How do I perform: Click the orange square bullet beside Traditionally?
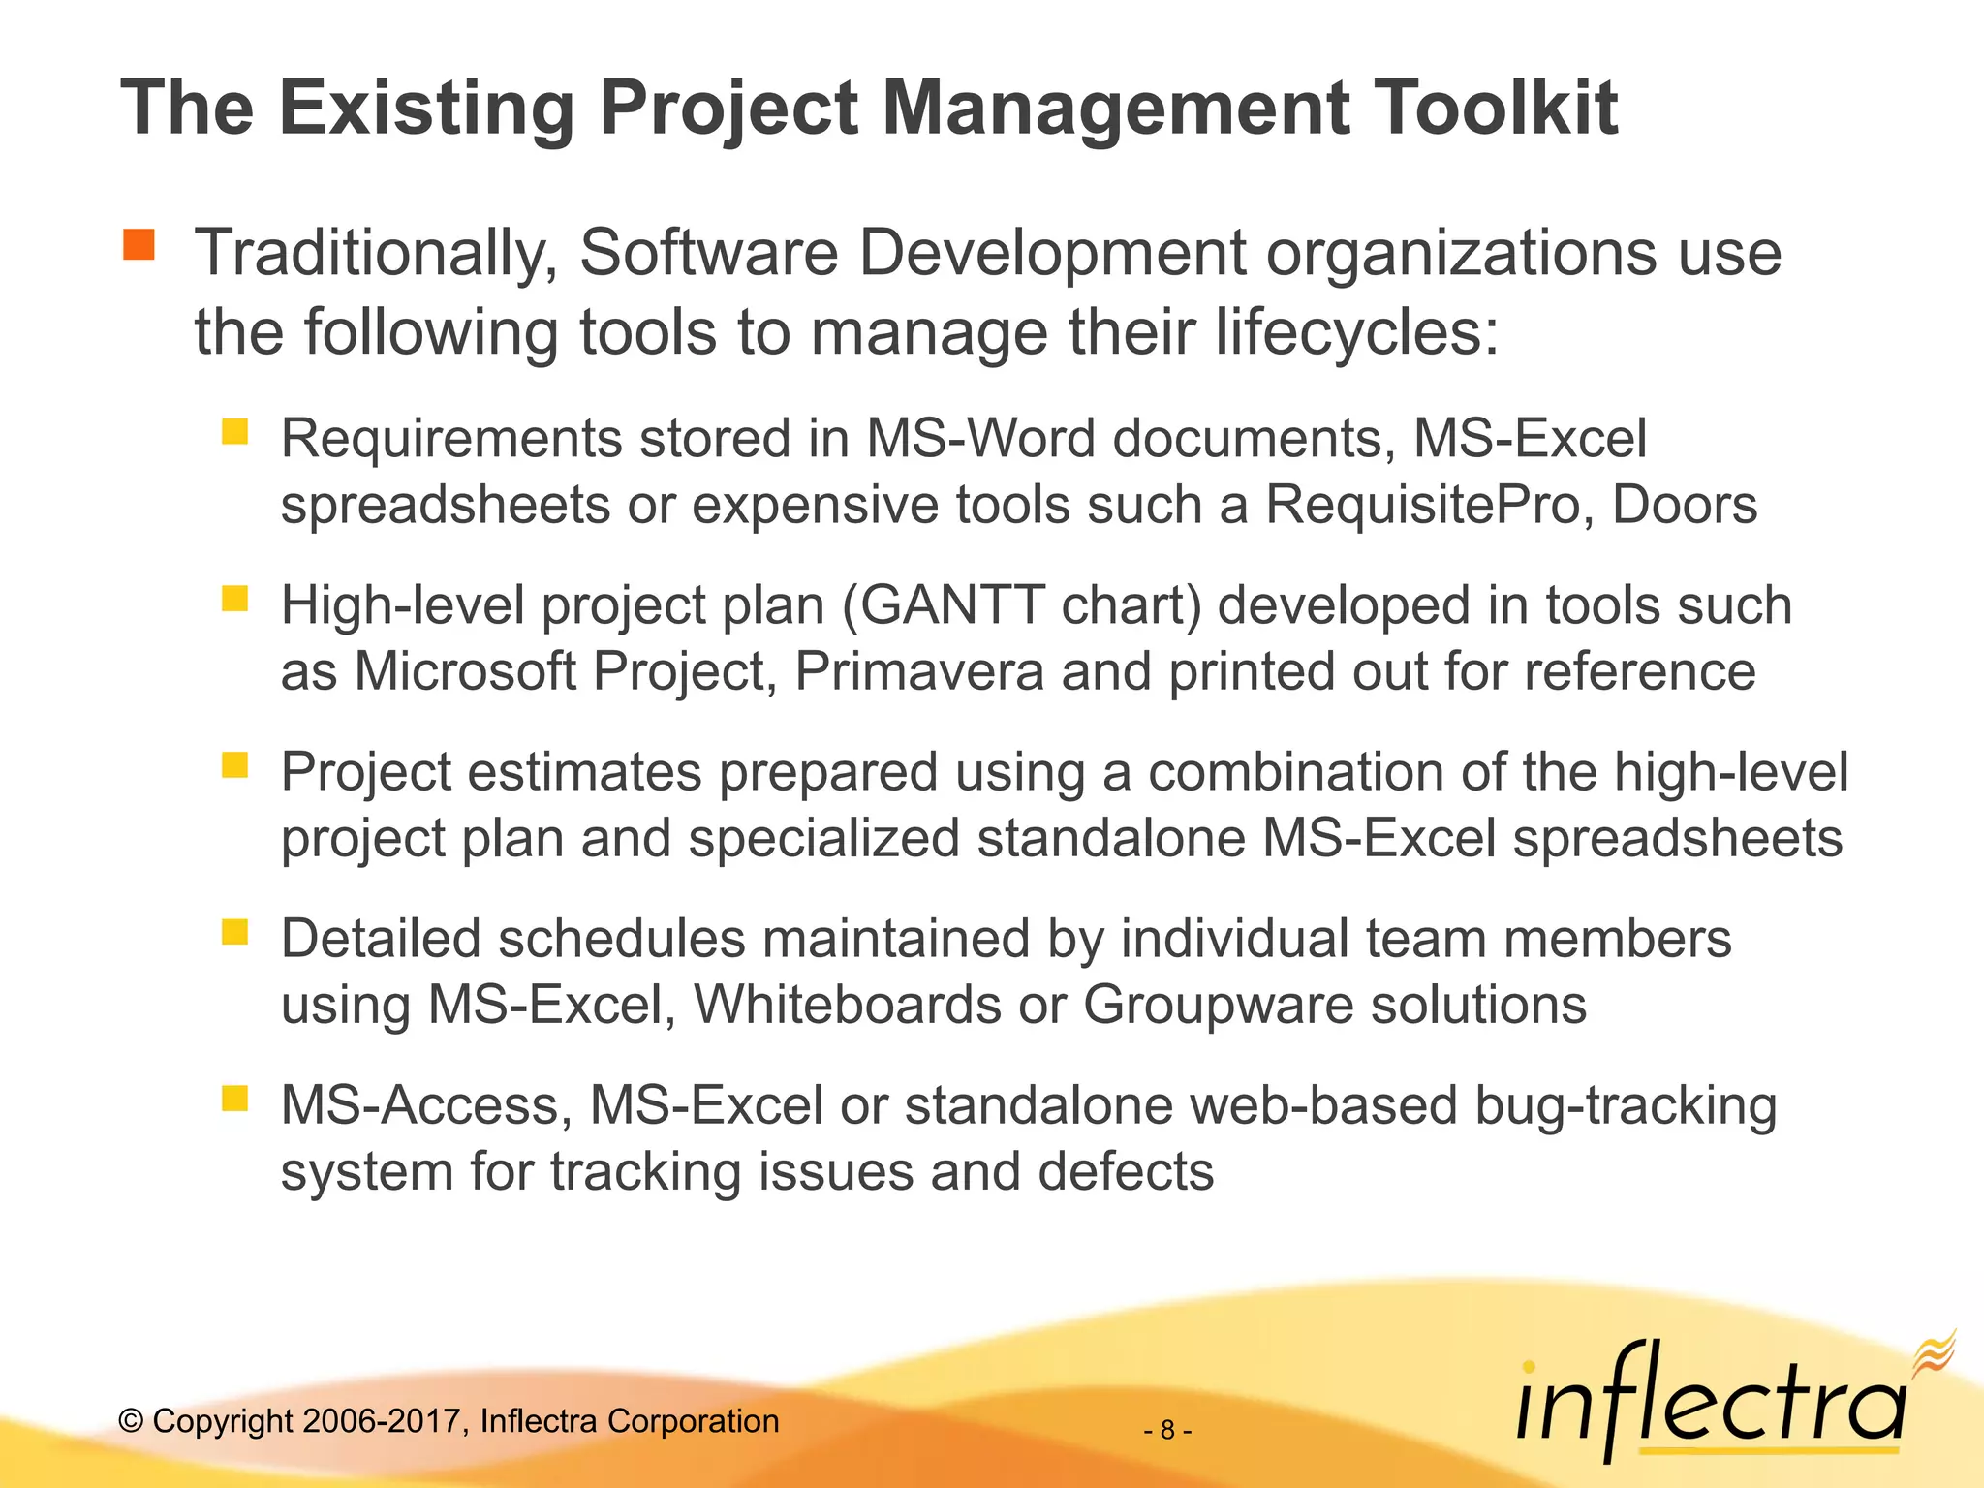pyautogui.click(x=139, y=245)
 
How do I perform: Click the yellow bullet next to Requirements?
pyautogui.click(x=235, y=431)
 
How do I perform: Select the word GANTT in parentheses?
pyautogui.click(x=951, y=605)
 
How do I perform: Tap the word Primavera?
pyautogui.click(x=919, y=671)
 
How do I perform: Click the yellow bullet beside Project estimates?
pyautogui.click(x=235, y=766)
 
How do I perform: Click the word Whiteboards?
pyautogui.click(x=848, y=1005)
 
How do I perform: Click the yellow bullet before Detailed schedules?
pyautogui.click(x=235, y=932)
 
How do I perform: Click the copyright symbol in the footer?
pyautogui.click(x=131, y=1421)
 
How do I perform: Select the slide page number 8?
pyautogui.click(x=1167, y=1430)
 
